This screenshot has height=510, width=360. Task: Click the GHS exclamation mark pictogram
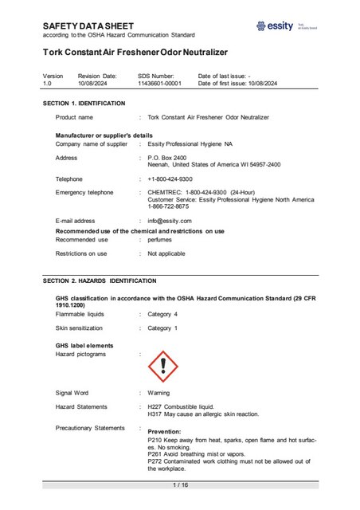[x=163, y=365]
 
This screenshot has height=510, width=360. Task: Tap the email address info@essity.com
[x=168, y=221]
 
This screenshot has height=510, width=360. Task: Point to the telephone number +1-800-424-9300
[x=170, y=179]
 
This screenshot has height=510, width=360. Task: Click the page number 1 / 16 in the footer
[x=180, y=484]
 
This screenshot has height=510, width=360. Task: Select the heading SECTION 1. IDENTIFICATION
[x=84, y=104]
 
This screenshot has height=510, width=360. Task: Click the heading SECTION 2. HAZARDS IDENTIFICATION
[x=100, y=281]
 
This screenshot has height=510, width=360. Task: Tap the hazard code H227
[x=156, y=406]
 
